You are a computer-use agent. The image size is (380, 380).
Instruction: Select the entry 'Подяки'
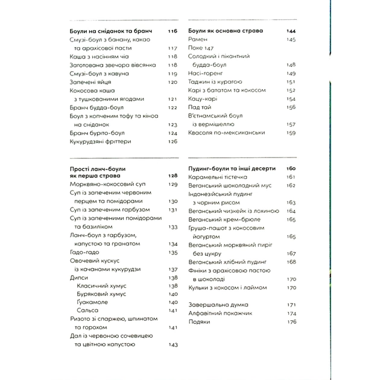tap(199, 321)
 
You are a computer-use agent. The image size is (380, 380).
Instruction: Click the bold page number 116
tap(173, 30)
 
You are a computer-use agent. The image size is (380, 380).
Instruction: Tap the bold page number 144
tap(291, 30)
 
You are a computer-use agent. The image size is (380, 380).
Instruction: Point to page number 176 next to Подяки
tap(291, 321)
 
